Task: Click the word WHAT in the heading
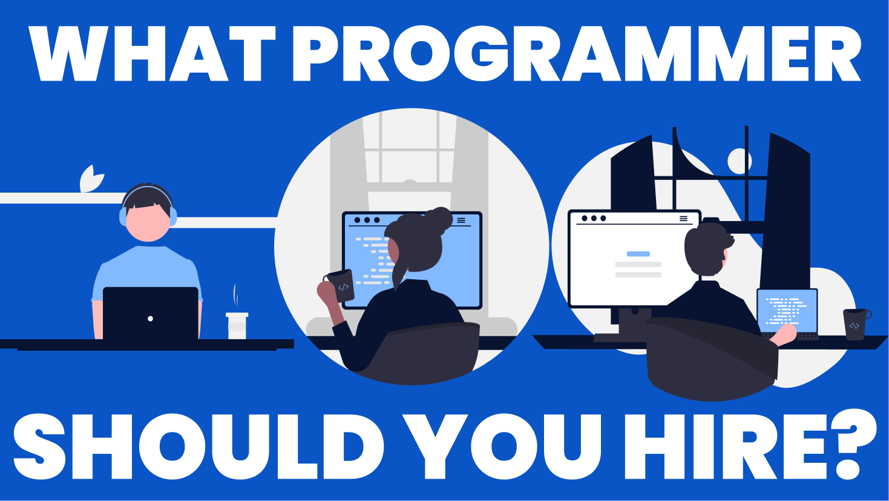[x=152, y=53]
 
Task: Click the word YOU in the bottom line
[x=502, y=446]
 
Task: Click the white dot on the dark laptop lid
[x=151, y=319]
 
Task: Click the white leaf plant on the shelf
[x=91, y=179]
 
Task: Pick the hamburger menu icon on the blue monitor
[x=461, y=220]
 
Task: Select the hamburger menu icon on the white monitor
[x=683, y=219]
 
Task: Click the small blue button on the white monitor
[x=638, y=254]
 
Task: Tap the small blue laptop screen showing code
[x=787, y=311]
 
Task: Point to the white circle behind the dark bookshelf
[x=740, y=161]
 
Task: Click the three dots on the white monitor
[x=594, y=218]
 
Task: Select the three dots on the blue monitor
[x=367, y=220]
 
